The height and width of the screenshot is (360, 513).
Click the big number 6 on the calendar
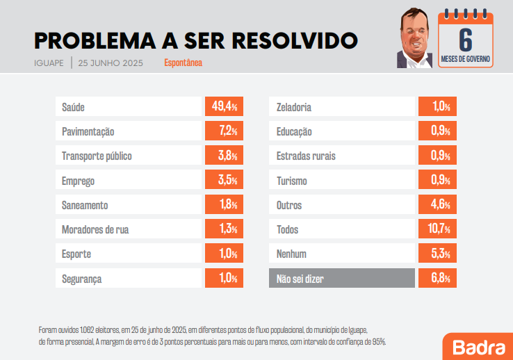coord(466,38)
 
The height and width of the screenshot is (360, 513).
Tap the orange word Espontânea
coord(184,63)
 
